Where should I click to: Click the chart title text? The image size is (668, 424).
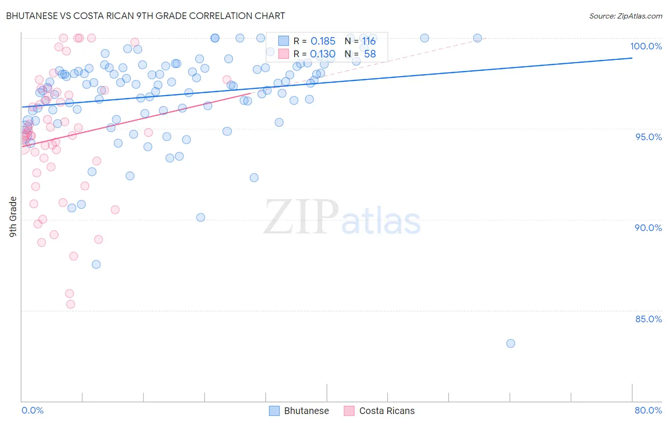pos(145,16)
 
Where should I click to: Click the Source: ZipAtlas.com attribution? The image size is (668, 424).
pos(625,16)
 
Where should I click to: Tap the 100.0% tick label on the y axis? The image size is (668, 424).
pos(646,46)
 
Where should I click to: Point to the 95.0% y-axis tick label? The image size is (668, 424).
pos(649,137)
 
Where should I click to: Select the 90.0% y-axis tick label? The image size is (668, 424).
pos(648,228)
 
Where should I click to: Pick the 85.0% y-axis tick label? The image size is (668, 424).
pos(649,319)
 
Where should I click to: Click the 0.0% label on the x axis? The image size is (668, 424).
pos(32,410)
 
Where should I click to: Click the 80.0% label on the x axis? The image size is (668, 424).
pos(648,410)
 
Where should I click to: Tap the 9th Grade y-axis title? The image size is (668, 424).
pos(13,217)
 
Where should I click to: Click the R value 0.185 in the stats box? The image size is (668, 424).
pos(323,41)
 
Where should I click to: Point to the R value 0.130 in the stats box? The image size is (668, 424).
pos(323,54)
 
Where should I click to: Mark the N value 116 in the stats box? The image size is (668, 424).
pos(369,41)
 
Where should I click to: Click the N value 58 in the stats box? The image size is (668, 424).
pos(370,54)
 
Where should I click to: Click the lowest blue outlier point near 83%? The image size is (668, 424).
pos(511,343)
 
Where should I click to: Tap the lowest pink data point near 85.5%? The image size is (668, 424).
pos(71,304)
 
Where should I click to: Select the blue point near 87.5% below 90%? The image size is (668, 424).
pos(96,264)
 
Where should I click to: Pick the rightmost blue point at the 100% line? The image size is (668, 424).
pos(477,38)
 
